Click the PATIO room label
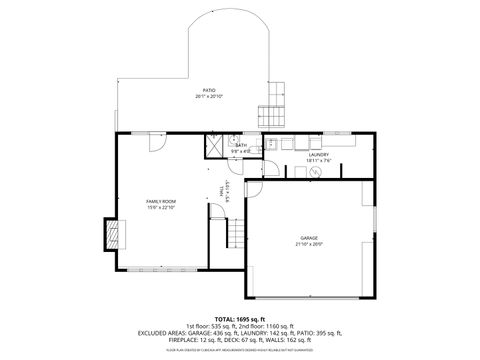[209, 90]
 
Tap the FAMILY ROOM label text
[161, 201]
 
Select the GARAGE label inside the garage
[309, 238]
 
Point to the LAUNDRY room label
[318, 154]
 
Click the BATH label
[241, 146]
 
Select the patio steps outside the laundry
[271, 114]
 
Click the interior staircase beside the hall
[234, 235]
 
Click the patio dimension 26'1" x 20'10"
[209, 96]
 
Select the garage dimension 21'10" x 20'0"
[309, 244]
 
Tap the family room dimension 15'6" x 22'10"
[161, 207]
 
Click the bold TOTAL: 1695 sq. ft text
[241, 318]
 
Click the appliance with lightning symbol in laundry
[314, 171]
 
